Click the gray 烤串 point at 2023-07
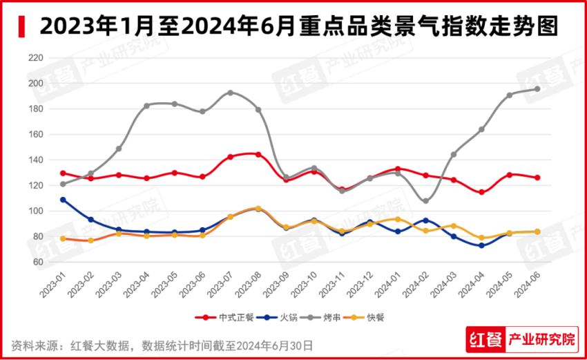coord(230,93)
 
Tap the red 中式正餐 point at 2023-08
coord(258,154)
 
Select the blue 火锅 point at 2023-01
coord(63,200)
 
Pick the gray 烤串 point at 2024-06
coord(537,89)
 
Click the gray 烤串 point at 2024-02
coord(425,201)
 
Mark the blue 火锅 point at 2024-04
coord(481,245)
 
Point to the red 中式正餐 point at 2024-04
coord(481,192)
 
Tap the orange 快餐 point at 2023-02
coord(90,240)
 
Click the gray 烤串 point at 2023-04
coord(146,106)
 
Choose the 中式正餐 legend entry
coord(225,318)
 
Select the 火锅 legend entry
coord(273,318)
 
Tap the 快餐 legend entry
coord(367,318)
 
